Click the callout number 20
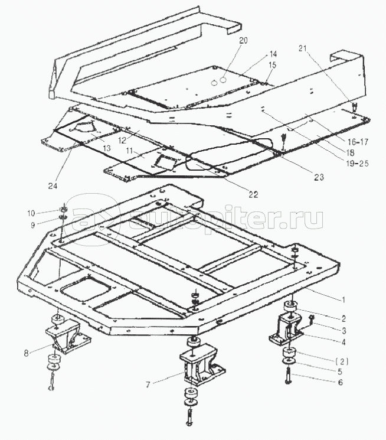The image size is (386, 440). point(243,40)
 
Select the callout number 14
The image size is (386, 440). point(273,54)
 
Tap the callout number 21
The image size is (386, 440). point(302,49)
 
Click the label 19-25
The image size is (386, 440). point(358,164)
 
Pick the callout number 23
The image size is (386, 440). point(319,177)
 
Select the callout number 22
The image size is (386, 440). point(253,194)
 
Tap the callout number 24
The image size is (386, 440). point(53,185)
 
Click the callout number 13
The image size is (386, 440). point(107,148)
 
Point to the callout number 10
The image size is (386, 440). point(31,213)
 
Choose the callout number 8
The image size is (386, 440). point(26,353)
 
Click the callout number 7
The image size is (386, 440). point(148,384)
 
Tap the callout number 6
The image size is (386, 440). point(341,382)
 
